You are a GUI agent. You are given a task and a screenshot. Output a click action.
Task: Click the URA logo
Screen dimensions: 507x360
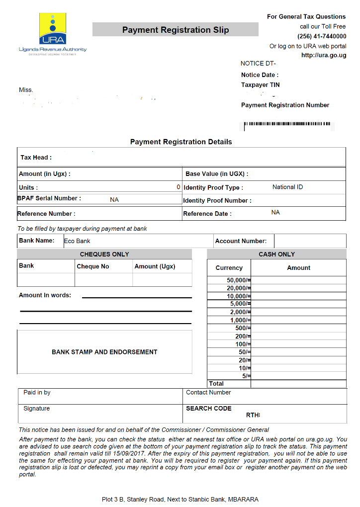pyautogui.click(x=53, y=32)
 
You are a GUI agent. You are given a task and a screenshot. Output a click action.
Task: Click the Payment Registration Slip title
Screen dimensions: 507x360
pyautogui.click(x=176, y=30)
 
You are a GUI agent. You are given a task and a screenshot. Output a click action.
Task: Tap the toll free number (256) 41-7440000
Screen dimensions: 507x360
pyautogui.click(x=322, y=36)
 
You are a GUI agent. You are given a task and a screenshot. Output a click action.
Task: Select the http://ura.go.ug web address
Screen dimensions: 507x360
pyautogui.click(x=324, y=55)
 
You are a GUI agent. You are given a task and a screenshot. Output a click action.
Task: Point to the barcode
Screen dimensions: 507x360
pyautogui.click(x=287, y=124)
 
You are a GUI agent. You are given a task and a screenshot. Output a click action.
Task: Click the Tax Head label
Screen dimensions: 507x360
pyautogui.click(x=36, y=158)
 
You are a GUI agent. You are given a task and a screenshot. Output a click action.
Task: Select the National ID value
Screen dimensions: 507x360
pyautogui.click(x=287, y=187)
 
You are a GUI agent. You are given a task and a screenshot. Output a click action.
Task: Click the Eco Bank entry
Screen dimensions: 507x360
pyautogui.click(x=77, y=241)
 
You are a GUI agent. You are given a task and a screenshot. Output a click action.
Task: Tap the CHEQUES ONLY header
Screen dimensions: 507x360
pyautogui.click(x=104, y=254)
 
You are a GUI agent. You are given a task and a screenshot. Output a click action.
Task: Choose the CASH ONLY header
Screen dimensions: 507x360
pyautogui.click(x=276, y=254)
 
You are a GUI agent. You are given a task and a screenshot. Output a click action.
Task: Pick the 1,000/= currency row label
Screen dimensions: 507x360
pyautogui.click(x=240, y=320)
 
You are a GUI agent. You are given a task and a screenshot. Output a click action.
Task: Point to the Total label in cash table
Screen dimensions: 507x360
pyautogui.click(x=216, y=384)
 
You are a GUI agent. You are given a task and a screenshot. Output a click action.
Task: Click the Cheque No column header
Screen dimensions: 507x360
pyautogui.click(x=92, y=266)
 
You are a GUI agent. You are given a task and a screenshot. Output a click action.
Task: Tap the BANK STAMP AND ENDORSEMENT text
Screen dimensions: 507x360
pyautogui.click(x=104, y=352)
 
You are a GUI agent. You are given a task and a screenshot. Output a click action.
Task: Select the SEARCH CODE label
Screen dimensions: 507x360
pyautogui.click(x=209, y=409)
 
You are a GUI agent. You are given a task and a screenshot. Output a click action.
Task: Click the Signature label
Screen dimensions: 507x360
pyautogui.click(x=37, y=409)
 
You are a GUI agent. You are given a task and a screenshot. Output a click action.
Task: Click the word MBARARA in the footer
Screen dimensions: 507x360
pyautogui.click(x=243, y=499)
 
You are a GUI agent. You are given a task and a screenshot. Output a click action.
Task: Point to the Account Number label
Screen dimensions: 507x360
pyautogui.click(x=241, y=241)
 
